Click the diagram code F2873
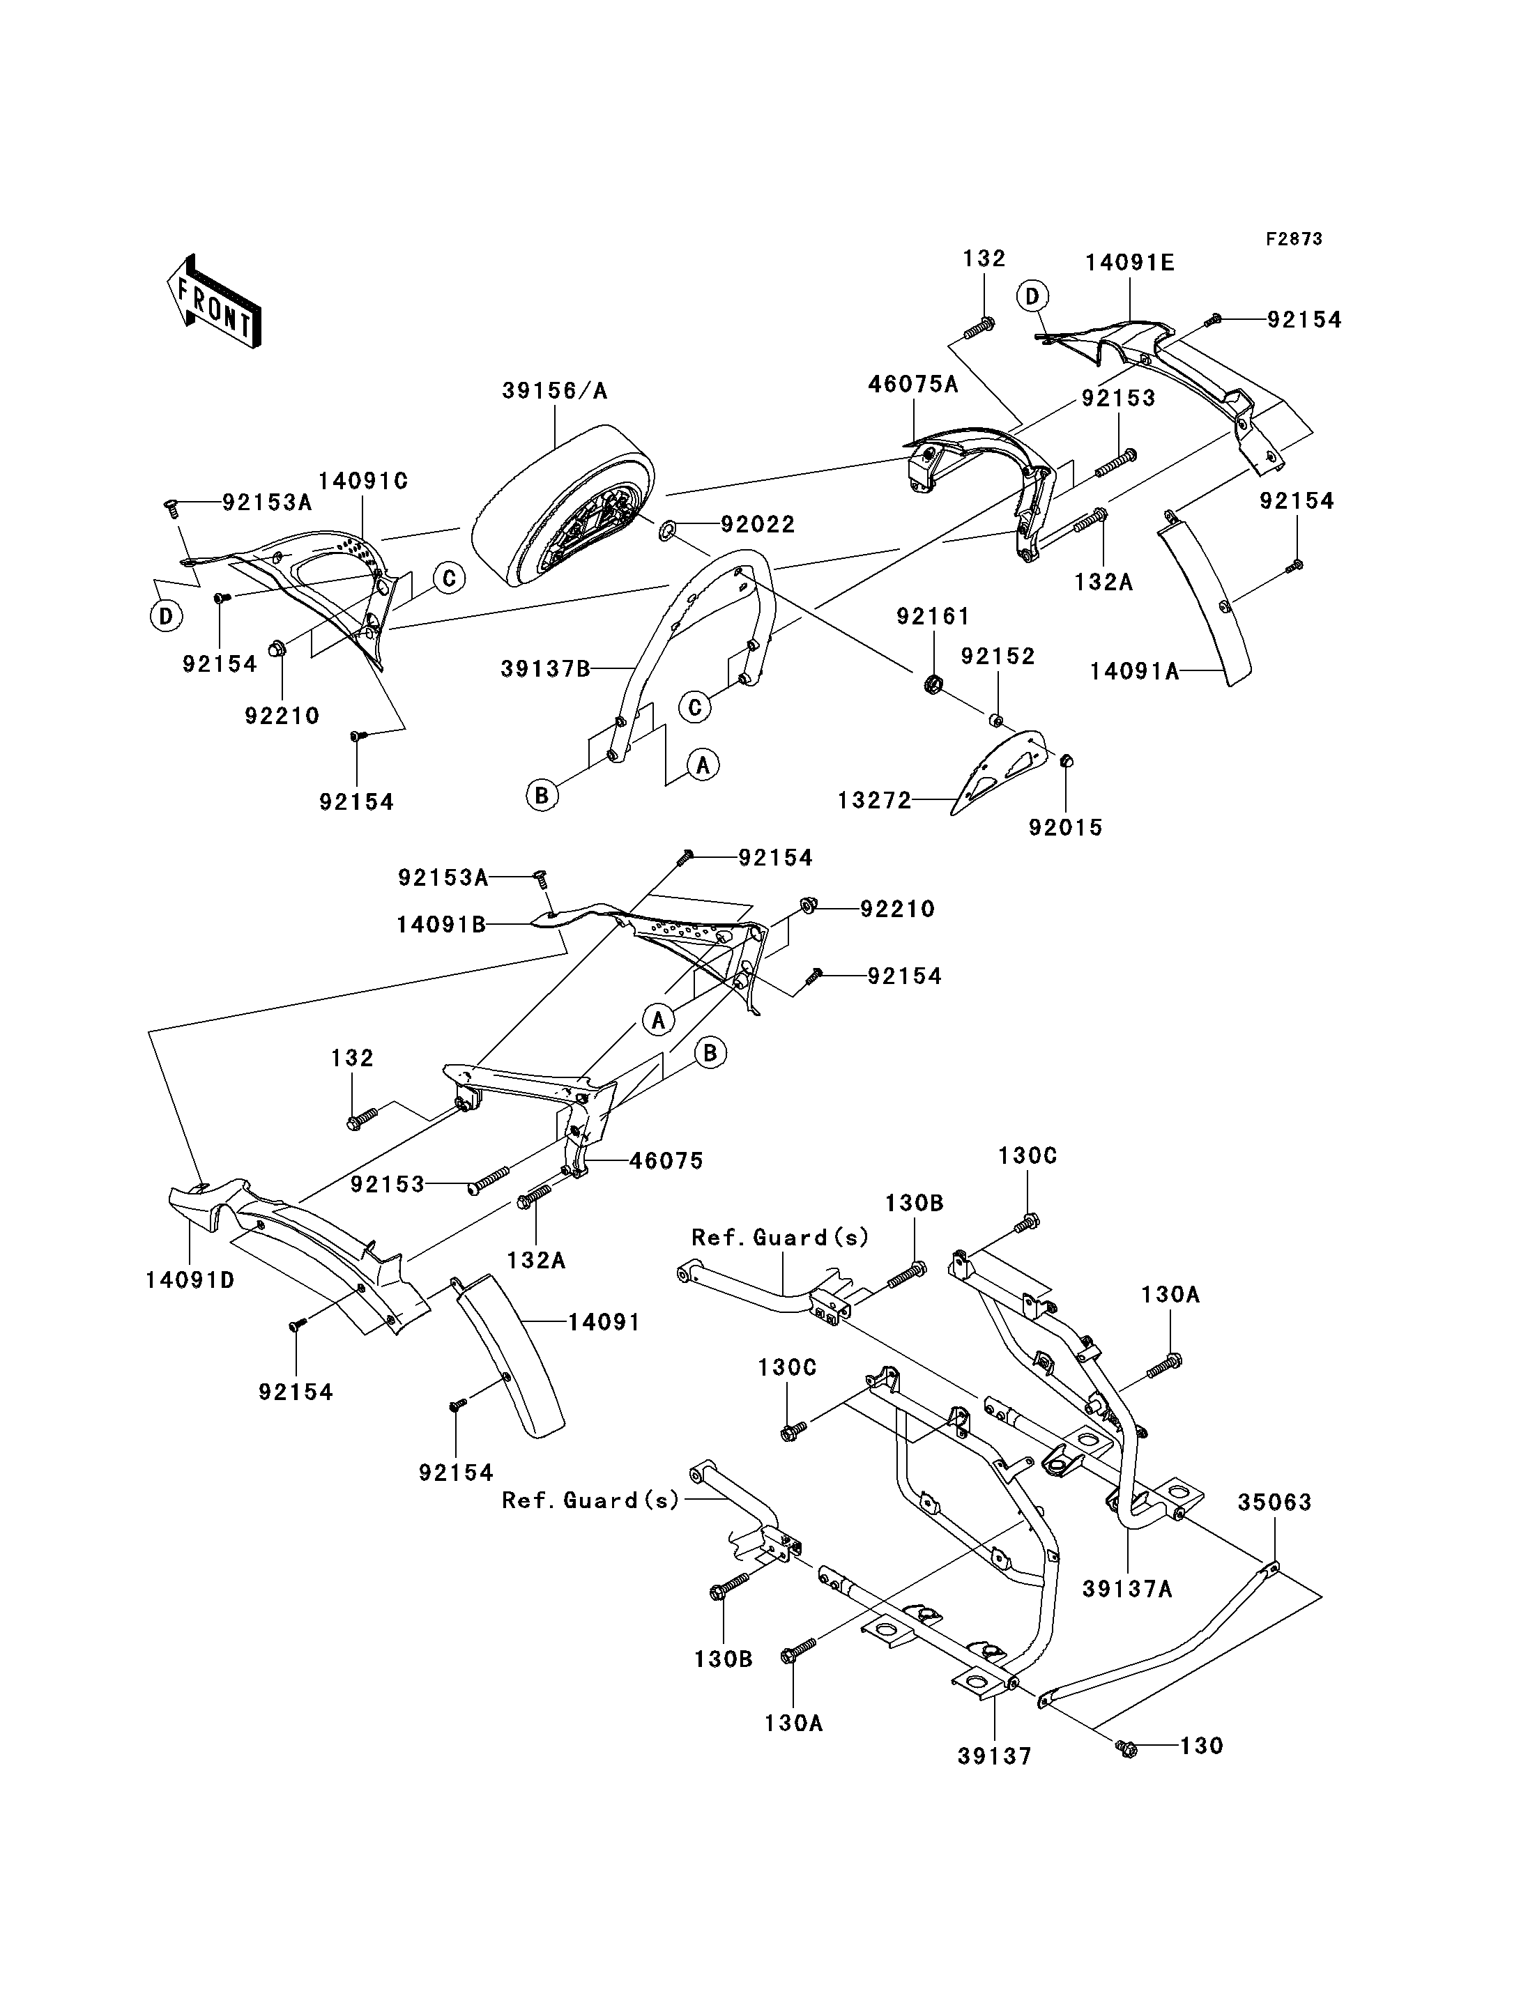tap(1294, 239)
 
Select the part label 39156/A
tap(555, 391)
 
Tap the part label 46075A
tap(913, 384)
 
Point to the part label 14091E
tap(1130, 263)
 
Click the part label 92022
tap(758, 524)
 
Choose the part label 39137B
tap(546, 669)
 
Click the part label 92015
tap(1065, 828)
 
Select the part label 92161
tap(933, 617)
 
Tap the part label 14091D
tap(190, 1280)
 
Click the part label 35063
tap(1274, 1503)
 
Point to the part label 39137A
tap(1127, 1589)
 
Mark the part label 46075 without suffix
tap(666, 1160)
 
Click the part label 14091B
tap(441, 925)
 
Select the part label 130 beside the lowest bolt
tap(1202, 1746)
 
